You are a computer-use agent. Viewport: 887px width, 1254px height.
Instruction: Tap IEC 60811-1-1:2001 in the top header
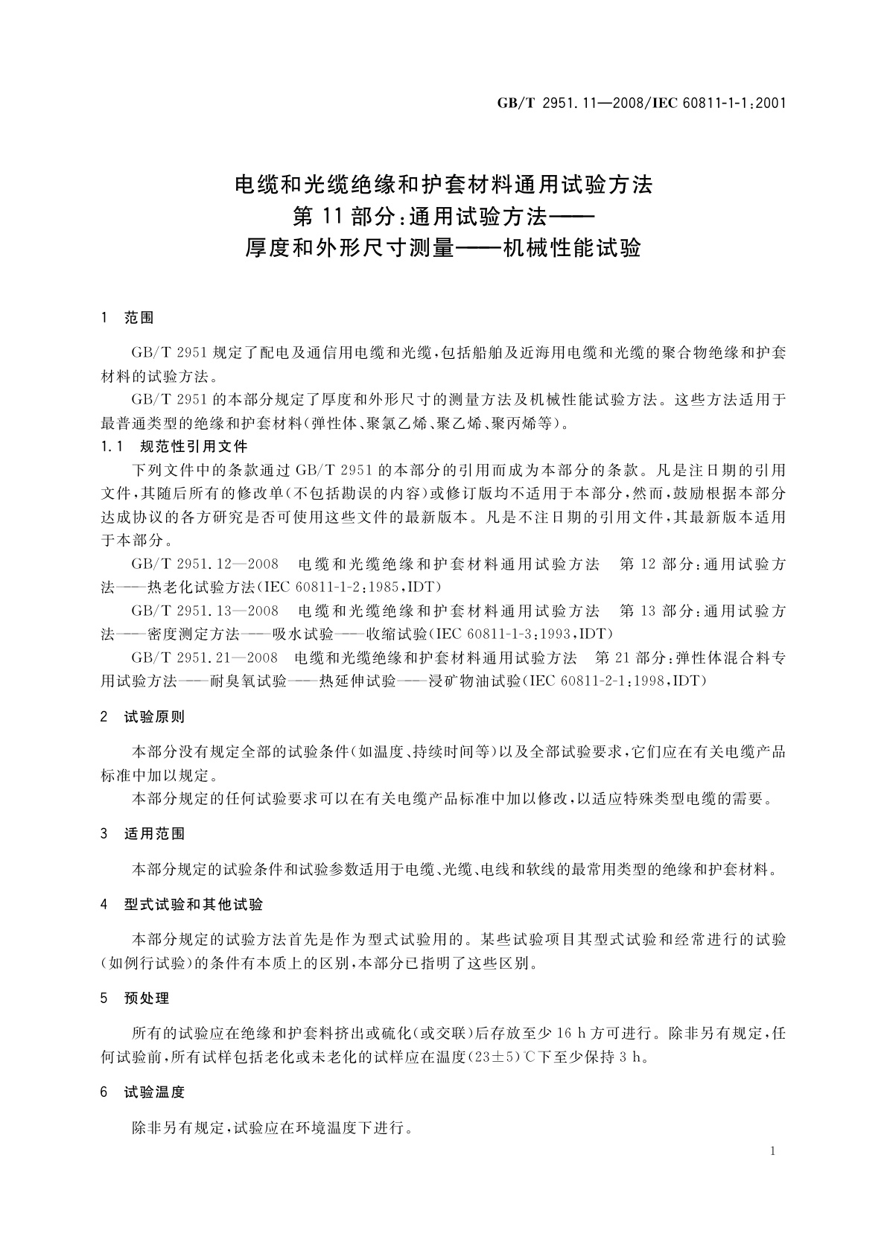pyautogui.click(x=720, y=104)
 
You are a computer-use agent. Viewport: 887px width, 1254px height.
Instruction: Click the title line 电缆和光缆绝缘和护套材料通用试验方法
pyautogui.click(x=443, y=184)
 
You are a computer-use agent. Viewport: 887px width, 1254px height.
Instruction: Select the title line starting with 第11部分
pyautogui.click(x=443, y=216)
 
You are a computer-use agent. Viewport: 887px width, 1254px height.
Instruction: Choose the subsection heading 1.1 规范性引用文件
pyautogui.click(x=174, y=447)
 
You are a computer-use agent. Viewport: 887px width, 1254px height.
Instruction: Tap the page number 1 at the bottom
pyautogui.click(x=773, y=1152)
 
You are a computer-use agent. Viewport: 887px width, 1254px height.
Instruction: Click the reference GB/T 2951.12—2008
pyautogui.click(x=205, y=564)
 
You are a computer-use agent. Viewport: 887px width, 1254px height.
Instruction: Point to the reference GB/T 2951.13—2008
pyautogui.click(x=205, y=611)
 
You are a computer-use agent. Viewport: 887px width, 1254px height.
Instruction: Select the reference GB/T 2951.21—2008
pyautogui.click(x=205, y=658)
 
